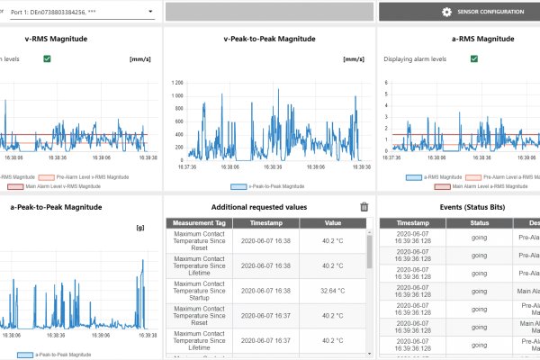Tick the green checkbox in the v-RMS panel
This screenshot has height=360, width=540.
(x=47, y=58)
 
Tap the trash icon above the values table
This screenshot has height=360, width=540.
(x=364, y=206)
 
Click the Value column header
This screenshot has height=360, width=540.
(x=334, y=221)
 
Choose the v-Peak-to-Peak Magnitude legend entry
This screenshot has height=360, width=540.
(x=267, y=186)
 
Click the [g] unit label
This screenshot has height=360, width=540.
(x=140, y=227)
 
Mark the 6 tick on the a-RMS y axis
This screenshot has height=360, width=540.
(x=386, y=83)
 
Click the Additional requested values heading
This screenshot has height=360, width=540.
(x=267, y=206)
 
